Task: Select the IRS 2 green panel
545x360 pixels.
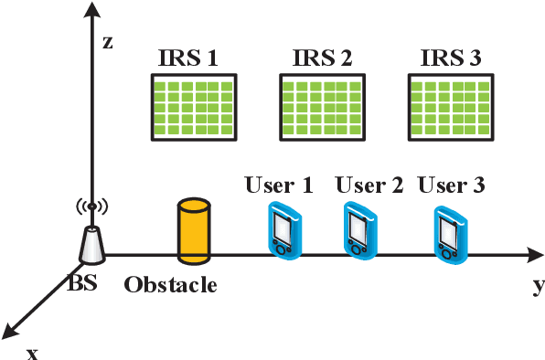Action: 319,106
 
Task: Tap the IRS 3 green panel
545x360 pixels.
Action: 447,106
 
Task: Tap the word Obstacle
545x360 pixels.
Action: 170,285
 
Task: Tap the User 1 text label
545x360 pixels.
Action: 279,185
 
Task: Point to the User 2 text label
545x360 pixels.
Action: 369,185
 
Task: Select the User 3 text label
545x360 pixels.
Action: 451,185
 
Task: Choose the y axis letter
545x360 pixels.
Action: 539,286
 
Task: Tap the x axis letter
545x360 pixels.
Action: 32,352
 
